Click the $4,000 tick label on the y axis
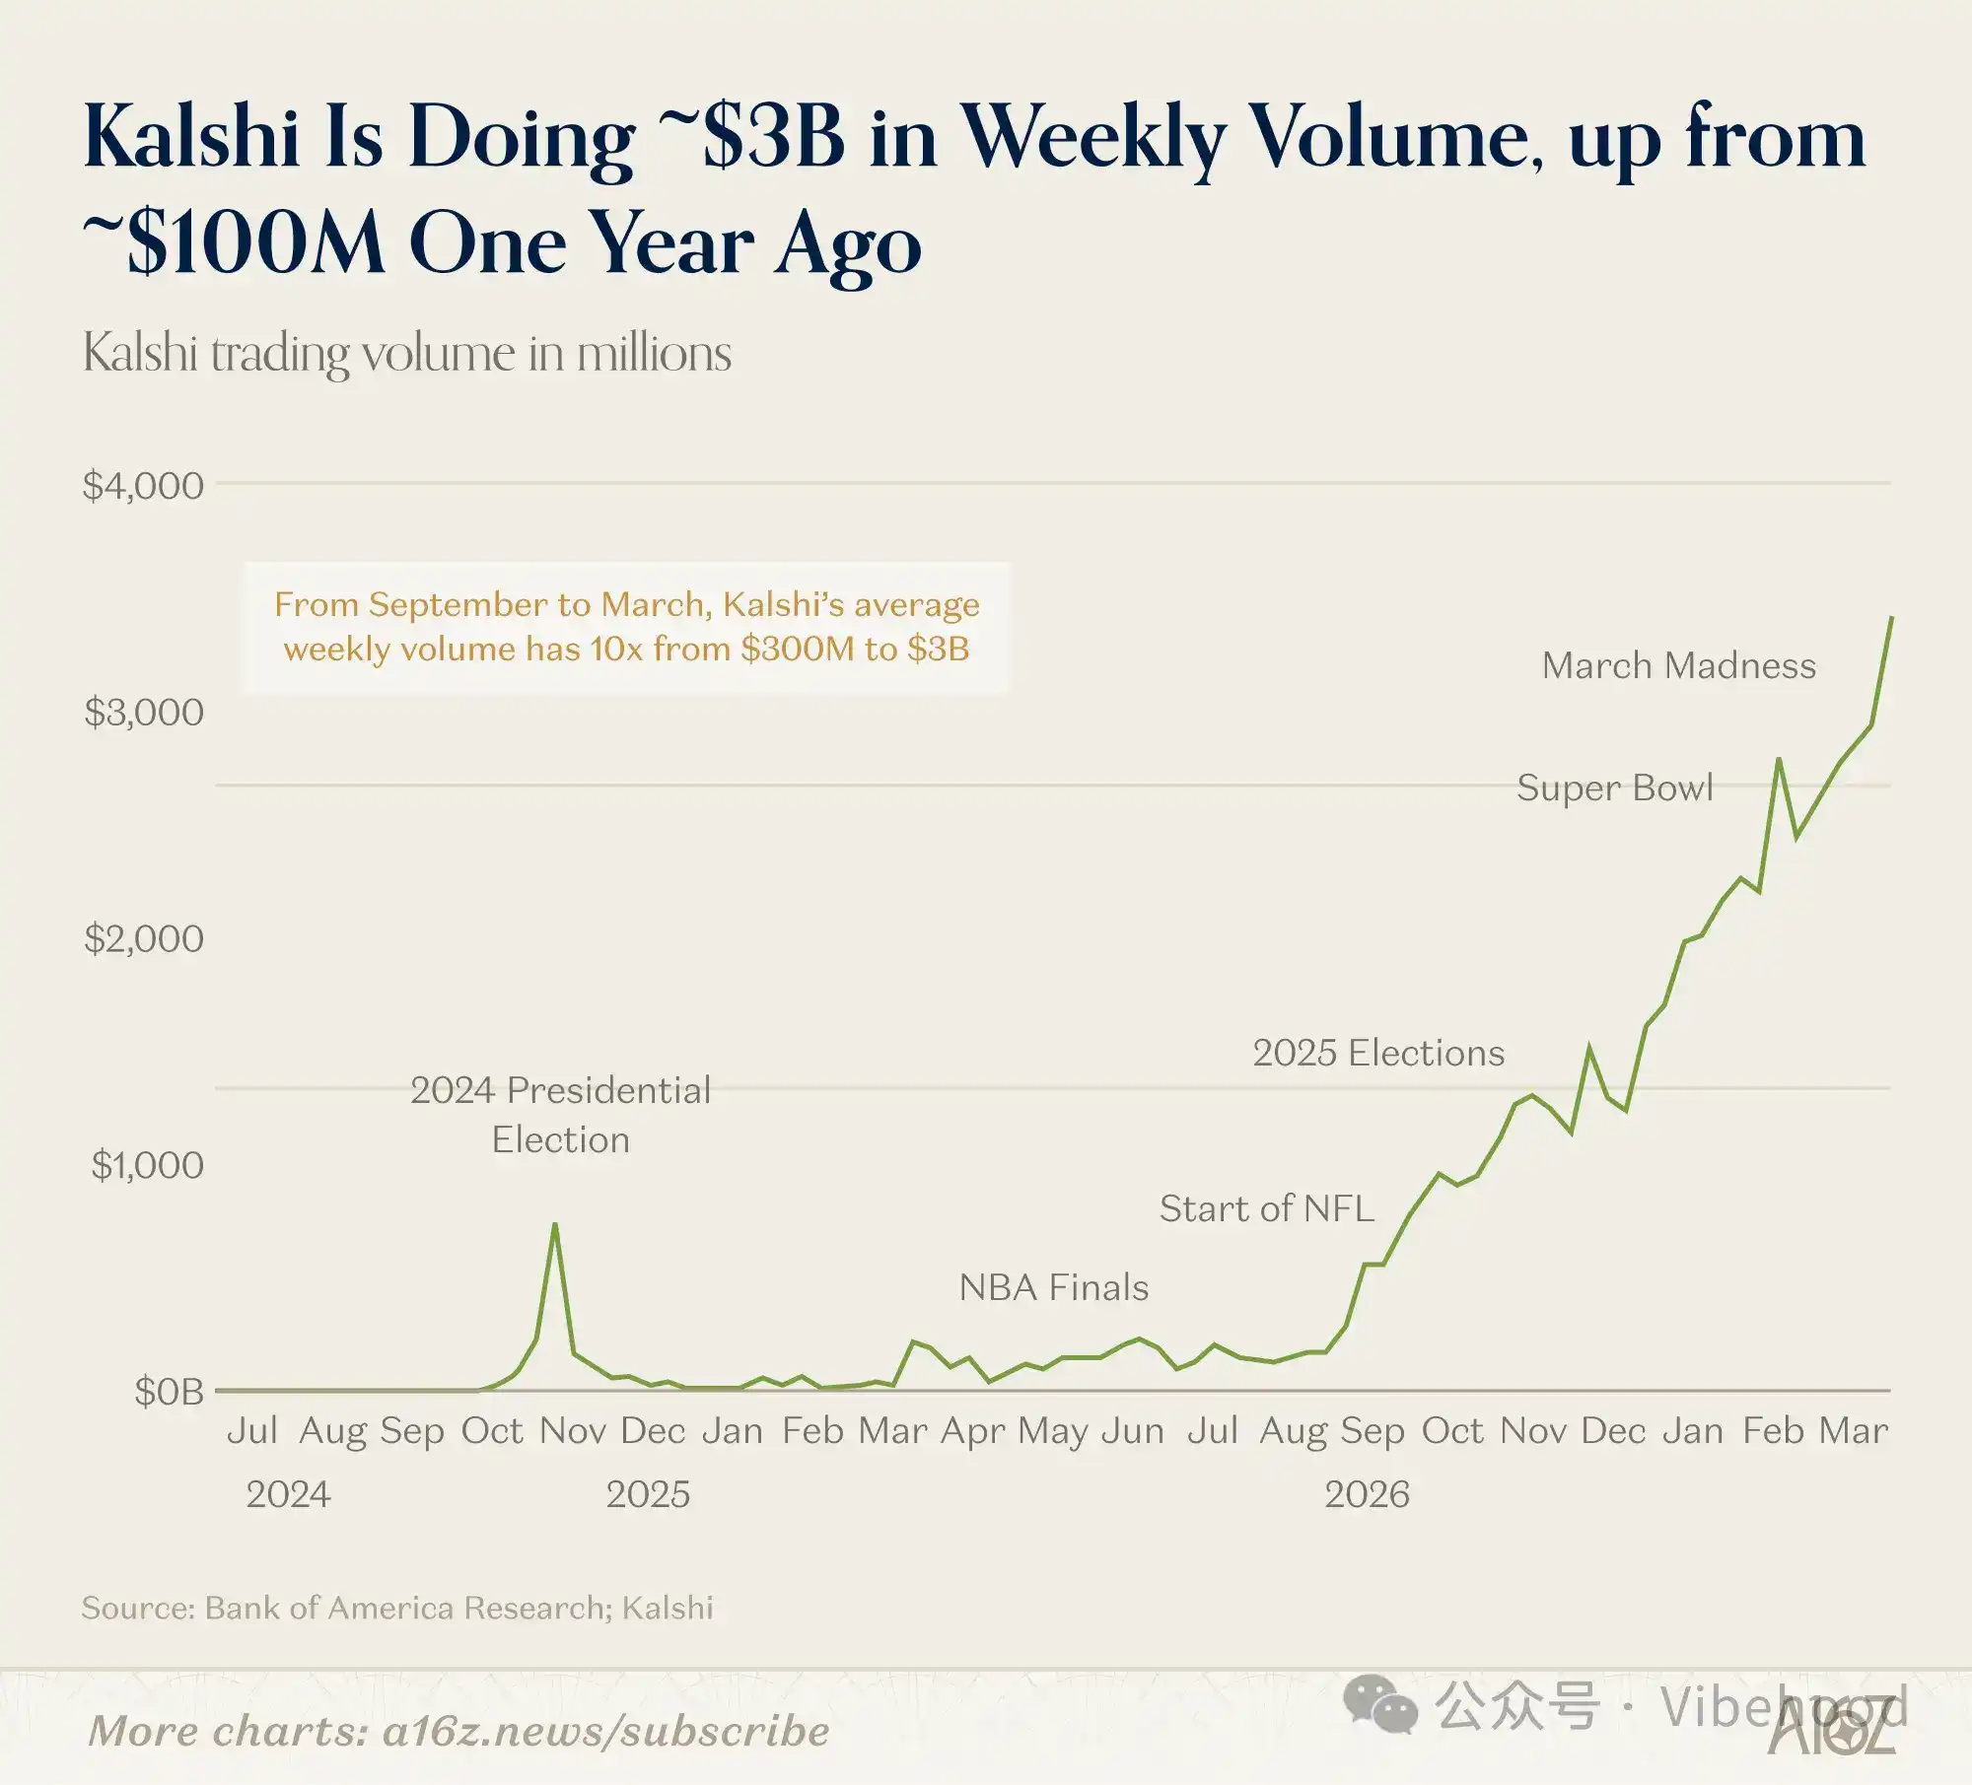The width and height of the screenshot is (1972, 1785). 144,485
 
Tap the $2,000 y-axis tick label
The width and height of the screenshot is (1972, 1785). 144,938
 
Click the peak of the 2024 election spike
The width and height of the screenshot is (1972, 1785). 555,1224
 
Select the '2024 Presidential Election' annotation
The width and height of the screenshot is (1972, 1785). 560,1115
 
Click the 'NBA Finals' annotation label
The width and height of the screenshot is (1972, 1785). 1054,1287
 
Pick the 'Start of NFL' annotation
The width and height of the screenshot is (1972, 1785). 1266,1208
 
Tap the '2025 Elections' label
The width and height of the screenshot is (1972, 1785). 1378,1053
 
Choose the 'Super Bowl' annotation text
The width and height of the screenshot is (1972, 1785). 1614,788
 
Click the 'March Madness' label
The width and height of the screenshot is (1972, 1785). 1678,665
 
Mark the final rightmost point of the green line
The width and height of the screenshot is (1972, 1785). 1891,618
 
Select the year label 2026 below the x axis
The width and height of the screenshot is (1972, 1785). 1367,1494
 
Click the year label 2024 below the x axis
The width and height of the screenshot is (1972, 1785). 288,1494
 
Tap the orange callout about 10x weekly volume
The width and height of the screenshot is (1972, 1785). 627,627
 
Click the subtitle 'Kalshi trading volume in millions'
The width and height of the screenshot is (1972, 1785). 406,353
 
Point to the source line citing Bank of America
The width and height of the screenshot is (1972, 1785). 397,1608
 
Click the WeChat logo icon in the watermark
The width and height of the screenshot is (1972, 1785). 1380,1705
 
